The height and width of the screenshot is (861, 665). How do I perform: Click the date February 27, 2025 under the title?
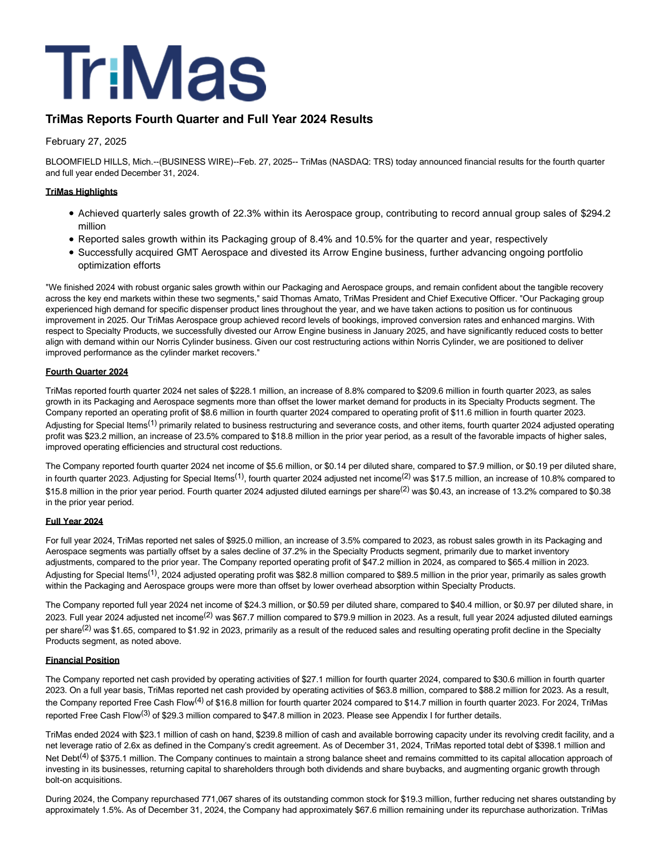86,141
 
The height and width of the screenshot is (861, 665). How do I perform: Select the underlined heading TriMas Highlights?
81,192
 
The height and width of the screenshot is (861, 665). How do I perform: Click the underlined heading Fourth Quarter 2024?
87,372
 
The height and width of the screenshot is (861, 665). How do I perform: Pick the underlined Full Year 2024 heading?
74,521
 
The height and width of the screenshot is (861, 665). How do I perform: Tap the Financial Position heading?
82,660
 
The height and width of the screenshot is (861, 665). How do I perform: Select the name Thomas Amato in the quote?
305,299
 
